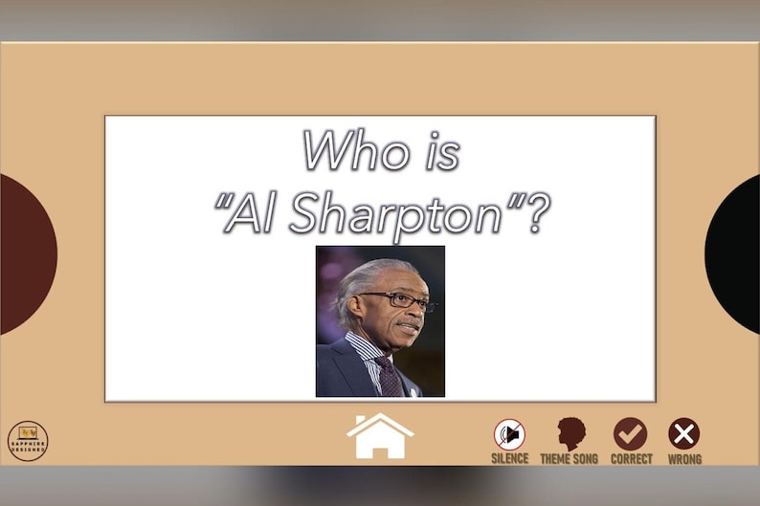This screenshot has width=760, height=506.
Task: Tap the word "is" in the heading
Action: tap(441, 151)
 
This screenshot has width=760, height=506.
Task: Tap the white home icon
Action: tap(380, 436)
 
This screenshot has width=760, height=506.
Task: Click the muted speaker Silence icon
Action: tap(509, 434)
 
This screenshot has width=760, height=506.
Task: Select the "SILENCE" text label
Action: tap(509, 459)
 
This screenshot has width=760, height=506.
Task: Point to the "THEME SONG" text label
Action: tap(569, 459)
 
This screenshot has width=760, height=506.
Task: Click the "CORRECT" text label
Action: tap(632, 459)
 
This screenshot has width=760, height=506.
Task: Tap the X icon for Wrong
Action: tap(683, 434)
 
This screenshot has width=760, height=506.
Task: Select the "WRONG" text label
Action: tap(684, 459)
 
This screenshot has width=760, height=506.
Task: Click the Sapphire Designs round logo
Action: tap(28, 441)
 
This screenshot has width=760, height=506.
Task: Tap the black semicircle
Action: tap(736, 254)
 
